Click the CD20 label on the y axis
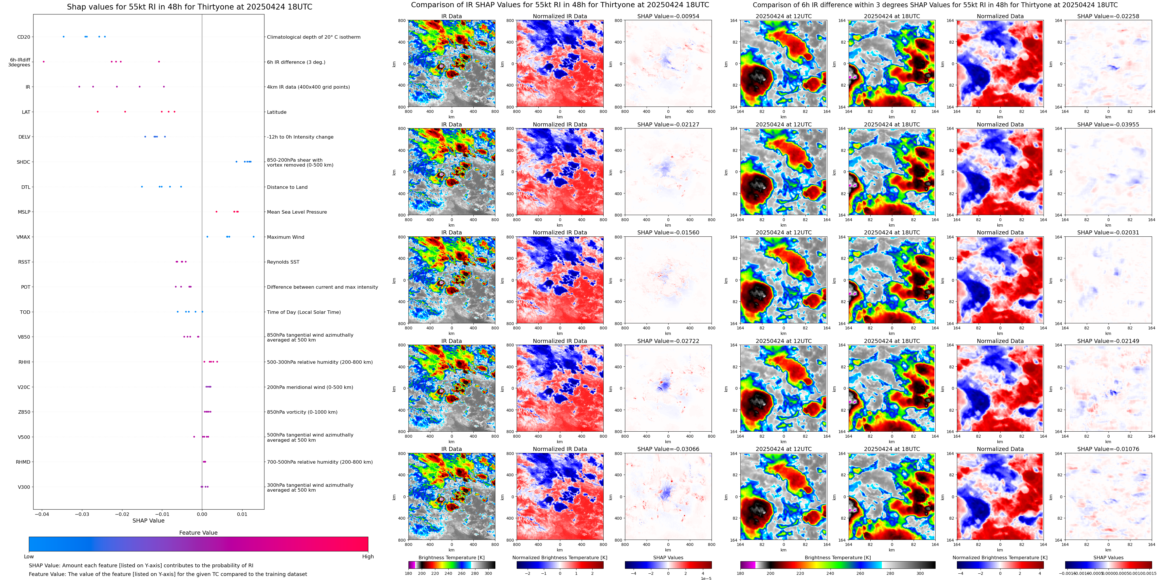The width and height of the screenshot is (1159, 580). [23, 37]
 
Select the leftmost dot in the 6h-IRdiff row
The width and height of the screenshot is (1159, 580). [44, 62]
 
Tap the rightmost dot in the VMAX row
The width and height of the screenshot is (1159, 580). [253, 237]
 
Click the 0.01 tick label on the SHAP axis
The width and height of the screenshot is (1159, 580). [242, 514]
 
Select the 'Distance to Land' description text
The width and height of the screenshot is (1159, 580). [287, 187]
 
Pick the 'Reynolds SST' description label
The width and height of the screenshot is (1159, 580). [283, 262]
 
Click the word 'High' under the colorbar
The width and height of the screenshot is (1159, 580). [367, 557]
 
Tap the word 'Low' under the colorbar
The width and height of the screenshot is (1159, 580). [29, 557]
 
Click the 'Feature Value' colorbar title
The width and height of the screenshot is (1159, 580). [198, 533]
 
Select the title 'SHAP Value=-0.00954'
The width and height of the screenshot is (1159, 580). [668, 16]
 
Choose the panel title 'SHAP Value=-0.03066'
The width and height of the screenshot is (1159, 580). [668, 449]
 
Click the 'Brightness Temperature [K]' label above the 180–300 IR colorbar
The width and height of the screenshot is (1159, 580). [451, 557]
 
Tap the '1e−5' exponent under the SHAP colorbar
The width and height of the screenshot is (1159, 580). [706, 578]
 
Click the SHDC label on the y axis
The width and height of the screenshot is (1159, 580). [23, 162]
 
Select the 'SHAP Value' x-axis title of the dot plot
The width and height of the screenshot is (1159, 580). [148, 521]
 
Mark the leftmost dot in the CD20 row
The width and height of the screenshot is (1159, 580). [64, 36]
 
